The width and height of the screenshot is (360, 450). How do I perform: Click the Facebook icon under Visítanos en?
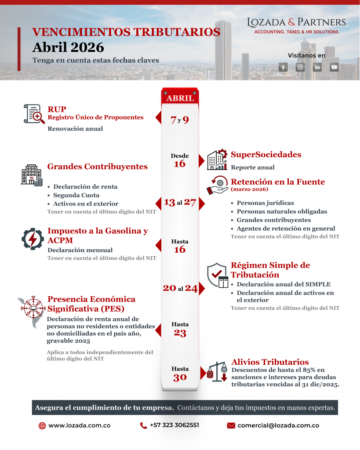pos(283,67)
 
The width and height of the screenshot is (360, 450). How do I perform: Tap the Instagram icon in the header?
pos(300,67)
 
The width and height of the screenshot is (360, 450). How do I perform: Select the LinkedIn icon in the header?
pos(317,67)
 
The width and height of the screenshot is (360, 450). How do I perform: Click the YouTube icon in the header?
pos(335,67)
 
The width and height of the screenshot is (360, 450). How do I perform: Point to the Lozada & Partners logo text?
pos(296,22)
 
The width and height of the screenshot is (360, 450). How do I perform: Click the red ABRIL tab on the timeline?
pos(180,98)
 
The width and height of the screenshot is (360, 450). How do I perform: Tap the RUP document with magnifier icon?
pos(34,114)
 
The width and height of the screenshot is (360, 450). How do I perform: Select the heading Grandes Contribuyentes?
pos(97,167)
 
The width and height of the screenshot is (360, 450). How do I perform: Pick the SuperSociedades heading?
pos(266,155)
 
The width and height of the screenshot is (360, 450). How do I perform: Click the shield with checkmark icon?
pos(217,275)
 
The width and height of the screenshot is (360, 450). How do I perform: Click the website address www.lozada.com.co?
pos(79,425)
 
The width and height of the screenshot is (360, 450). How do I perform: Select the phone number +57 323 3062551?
pos(174,425)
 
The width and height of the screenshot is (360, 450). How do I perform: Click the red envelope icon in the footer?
pos(231,425)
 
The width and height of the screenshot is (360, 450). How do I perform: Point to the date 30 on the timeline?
pos(180,377)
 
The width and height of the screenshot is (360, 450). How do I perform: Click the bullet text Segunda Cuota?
pos(76,195)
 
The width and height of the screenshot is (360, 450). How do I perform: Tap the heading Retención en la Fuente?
pos(278,181)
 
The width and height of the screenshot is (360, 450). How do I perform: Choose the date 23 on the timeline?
pos(180,333)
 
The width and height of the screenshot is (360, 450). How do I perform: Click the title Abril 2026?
pos(68,47)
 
